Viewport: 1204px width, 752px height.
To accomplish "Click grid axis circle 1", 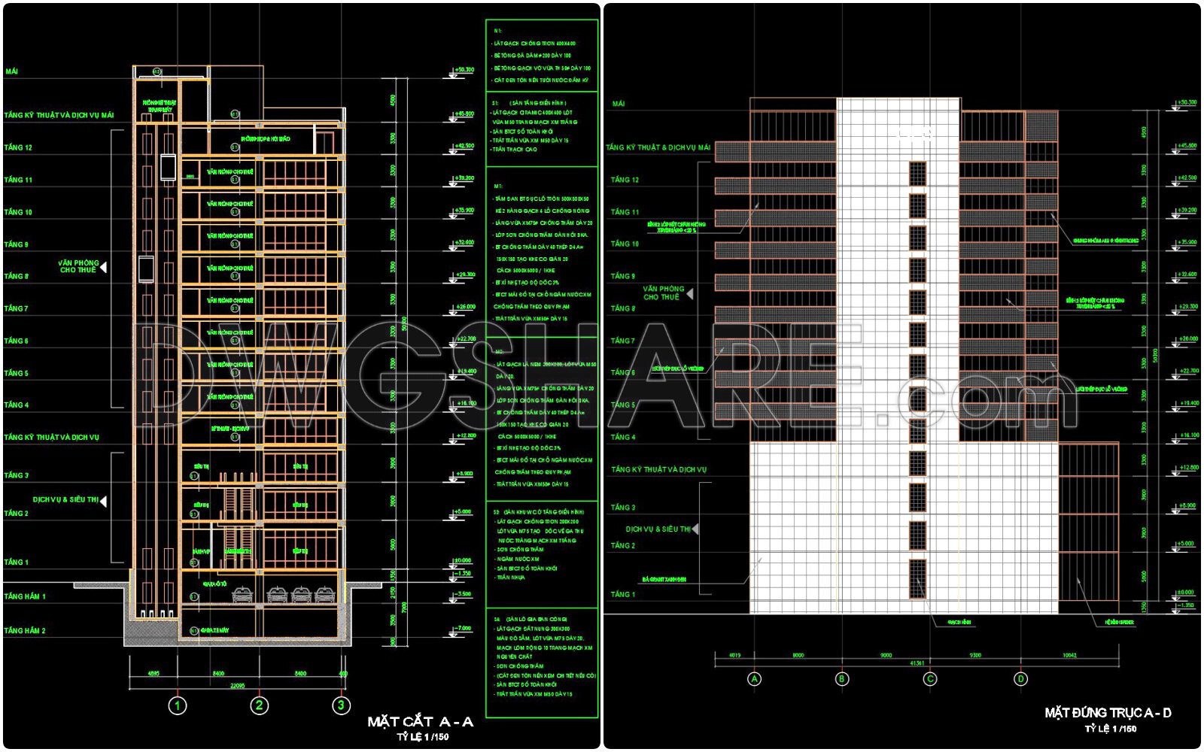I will click(177, 705).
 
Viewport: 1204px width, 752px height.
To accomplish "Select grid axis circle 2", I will click(259, 705).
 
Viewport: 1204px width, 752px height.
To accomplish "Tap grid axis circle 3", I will click(341, 705).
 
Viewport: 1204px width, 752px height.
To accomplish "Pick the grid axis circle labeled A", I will click(754, 679).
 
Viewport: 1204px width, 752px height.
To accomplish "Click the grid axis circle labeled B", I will click(842, 679).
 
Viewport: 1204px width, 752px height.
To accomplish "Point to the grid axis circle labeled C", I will click(930, 679).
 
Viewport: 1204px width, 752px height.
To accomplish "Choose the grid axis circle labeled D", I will click(1020, 679).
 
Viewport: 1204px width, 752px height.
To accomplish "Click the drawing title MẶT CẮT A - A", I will click(420, 722).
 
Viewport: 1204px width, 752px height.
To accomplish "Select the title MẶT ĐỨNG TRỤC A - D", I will click(1108, 712).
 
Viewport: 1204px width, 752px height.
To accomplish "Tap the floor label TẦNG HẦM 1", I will click(25, 596).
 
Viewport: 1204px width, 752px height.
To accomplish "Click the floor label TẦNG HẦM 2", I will click(25, 631).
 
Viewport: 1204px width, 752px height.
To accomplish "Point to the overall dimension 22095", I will click(236, 685).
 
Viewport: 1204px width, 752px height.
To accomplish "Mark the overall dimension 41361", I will click(917, 663).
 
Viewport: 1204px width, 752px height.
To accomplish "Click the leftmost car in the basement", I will click(242, 595).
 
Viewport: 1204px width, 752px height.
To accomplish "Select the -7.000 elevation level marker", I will click(463, 628).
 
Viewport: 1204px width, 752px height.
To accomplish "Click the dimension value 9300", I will click(975, 655).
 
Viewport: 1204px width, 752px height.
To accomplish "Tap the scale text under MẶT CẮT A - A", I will click(423, 737).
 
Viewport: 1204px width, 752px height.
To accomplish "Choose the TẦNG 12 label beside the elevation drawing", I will click(625, 180).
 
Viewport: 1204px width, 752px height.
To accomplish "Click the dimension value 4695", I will click(154, 674).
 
